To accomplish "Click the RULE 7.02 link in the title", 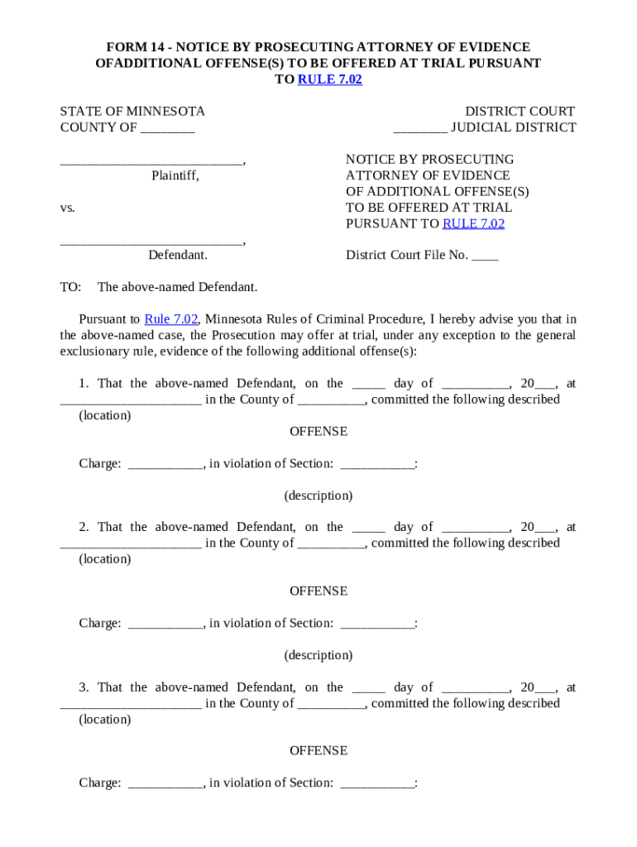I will point(329,79).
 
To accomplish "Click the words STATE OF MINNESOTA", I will point(132,111).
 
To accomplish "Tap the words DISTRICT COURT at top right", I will point(520,111).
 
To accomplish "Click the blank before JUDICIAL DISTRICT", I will point(420,128).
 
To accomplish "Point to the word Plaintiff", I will point(175,175).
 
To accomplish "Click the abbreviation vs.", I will point(68,208).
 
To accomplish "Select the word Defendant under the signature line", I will point(178,255).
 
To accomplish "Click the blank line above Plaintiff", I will point(152,160).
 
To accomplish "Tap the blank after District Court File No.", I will point(485,256).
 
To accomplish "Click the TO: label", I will point(70,287).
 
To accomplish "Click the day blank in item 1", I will point(369,384).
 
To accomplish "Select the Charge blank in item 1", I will point(165,464).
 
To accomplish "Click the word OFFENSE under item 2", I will point(318,591).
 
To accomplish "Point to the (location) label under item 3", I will point(105,720).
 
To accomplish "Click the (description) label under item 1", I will point(318,495).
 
